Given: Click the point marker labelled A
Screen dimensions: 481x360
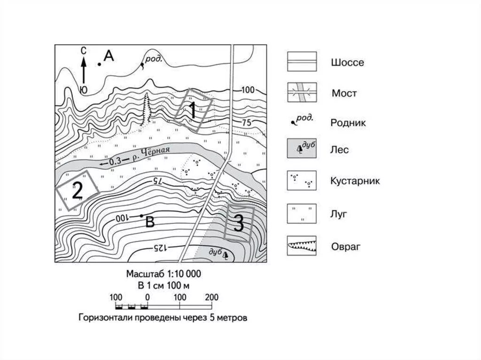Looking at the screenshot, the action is pyautogui.click(x=99, y=64).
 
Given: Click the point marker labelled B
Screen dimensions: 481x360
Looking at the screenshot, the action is pyautogui.click(x=141, y=215).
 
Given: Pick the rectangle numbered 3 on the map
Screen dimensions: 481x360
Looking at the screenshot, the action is pyautogui.click(x=239, y=223).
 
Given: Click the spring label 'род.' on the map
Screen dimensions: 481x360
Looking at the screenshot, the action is pyautogui.click(x=154, y=59).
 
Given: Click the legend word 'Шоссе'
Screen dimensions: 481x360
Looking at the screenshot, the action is pyautogui.click(x=347, y=62).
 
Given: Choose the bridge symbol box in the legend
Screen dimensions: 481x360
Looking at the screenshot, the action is pyautogui.click(x=302, y=92).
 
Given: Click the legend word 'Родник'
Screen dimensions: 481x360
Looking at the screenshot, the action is pyautogui.click(x=348, y=123).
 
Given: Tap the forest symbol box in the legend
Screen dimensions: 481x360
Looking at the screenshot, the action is pyautogui.click(x=302, y=150).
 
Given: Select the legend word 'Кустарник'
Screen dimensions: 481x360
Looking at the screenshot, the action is pyautogui.click(x=355, y=182).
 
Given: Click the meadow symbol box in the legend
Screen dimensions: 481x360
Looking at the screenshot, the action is pyautogui.click(x=302, y=213).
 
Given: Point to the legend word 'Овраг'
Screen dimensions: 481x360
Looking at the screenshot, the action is pyautogui.click(x=346, y=246).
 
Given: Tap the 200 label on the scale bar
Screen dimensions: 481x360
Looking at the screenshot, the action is pyautogui.click(x=211, y=297).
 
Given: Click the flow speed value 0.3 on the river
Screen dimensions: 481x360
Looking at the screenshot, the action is pyautogui.click(x=115, y=161).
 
